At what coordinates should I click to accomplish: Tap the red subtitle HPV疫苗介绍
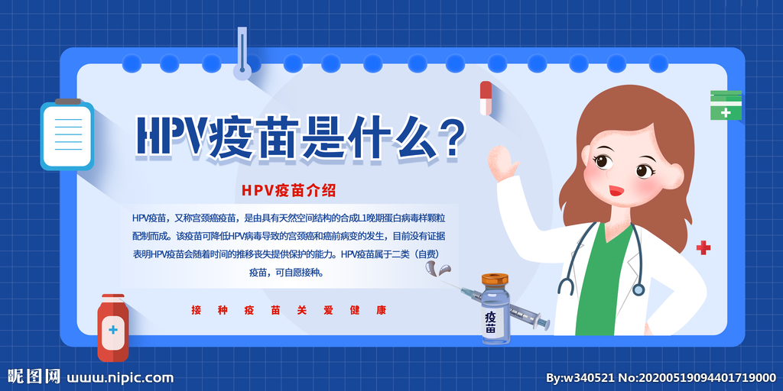pyautogui.click(x=288, y=190)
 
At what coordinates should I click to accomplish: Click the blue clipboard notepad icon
pyautogui.click(x=67, y=134)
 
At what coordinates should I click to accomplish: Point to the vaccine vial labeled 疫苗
pyautogui.click(x=495, y=309)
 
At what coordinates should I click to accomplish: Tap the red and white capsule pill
pyautogui.click(x=486, y=99)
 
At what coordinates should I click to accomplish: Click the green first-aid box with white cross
pyautogui.click(x=726, y=105)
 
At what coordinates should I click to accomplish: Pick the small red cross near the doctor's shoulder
pyautogui.click(x=703, y=247)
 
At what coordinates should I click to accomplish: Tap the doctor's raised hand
pyautogui.click(x=503, y=163)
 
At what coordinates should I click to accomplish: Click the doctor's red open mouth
pyautogui.click(x=616, y=190)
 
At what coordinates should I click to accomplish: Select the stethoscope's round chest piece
pyautogui.click(x=638, y=289)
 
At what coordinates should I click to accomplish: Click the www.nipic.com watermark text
pyautogui.click(x=120, y=378)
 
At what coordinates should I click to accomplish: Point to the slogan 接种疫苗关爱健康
pyautogui.click(x=288, y=310)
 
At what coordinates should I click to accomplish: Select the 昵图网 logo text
pyautogui.click(x=34, y=376)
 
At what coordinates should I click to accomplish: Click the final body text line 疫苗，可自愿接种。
pyautogui.click(x=287, y=273)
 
